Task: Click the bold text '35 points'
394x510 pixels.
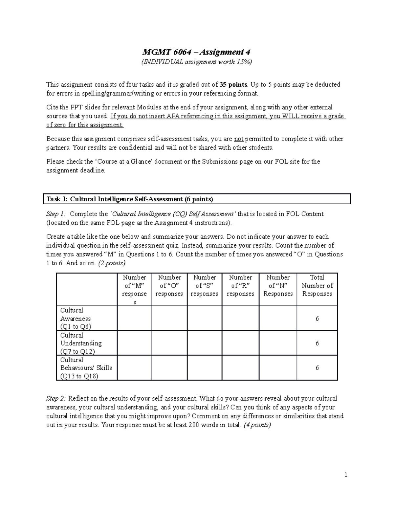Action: (233, 85)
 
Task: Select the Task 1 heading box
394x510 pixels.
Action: (197, 199)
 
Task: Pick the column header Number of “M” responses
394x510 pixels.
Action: (134, 289)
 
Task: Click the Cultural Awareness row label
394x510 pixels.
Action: (76, 318)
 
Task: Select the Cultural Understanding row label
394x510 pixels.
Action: (81, 343)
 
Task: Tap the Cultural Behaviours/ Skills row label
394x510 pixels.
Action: (86, 368)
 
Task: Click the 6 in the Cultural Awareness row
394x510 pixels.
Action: (317, 319)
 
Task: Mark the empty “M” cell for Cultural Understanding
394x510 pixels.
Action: (134, 343)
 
